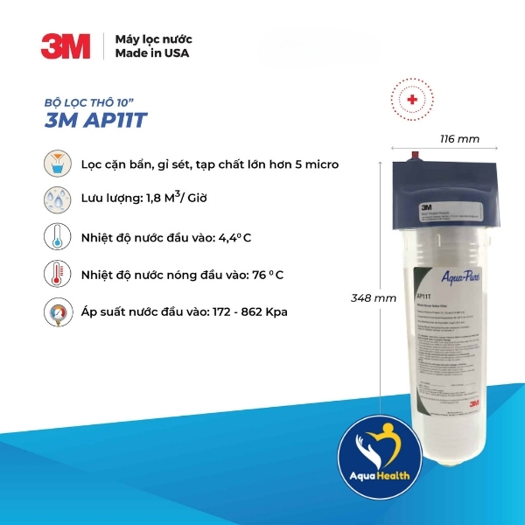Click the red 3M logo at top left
coord(66,45)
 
